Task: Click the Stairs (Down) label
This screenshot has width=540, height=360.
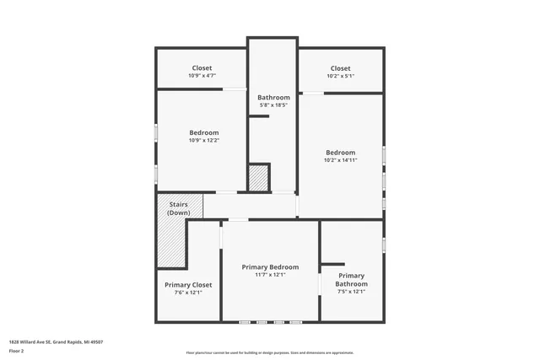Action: tap(178, 208)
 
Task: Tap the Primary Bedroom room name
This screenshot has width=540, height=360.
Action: tap(270, 266)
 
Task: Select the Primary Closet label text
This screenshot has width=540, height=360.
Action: tap(188, 285)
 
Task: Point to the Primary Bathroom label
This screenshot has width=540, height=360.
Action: tap(352, 280)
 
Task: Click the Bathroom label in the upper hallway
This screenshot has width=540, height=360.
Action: tap(273, 98)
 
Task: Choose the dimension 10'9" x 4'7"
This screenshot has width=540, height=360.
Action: tap(202, 76)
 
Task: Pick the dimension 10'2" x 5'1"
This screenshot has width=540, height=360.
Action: tap(340, 76)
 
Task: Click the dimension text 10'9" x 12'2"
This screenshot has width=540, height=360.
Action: tap(203, 141)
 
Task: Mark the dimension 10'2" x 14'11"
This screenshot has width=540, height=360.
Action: tap(341, 160)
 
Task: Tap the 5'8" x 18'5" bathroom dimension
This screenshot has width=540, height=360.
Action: tap(273, 105)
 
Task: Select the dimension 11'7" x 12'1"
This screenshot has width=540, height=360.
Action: tap(270, 275)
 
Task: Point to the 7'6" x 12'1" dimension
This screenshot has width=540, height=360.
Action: tap(188, 293)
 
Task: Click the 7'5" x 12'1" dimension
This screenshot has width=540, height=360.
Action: tap(352, 293)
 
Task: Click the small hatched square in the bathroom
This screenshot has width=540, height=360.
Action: tap(257, 178)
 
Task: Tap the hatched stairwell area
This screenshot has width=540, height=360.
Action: tap(171, 244)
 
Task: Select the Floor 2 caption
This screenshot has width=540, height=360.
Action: tap(16, 350)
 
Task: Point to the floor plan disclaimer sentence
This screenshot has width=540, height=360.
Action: tap(270, 353)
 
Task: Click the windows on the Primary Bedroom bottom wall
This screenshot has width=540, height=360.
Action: tap(269, 322)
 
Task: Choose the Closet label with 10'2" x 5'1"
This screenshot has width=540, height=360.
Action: tap(340, 68)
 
